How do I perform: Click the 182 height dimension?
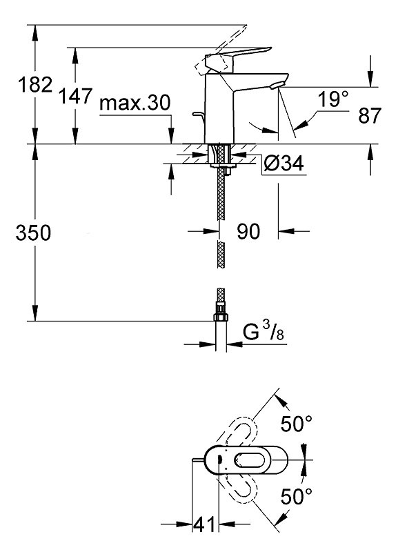pos(35,85)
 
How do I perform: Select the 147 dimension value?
pos(75,96)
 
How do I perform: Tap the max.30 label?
pos(135,102)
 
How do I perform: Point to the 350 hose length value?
pos(33,233)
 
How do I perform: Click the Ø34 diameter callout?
pos(284,163)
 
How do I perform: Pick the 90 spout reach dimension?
pos(248,231)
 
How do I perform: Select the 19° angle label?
pos(332,99)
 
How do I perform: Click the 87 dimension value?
pos(370,115)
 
